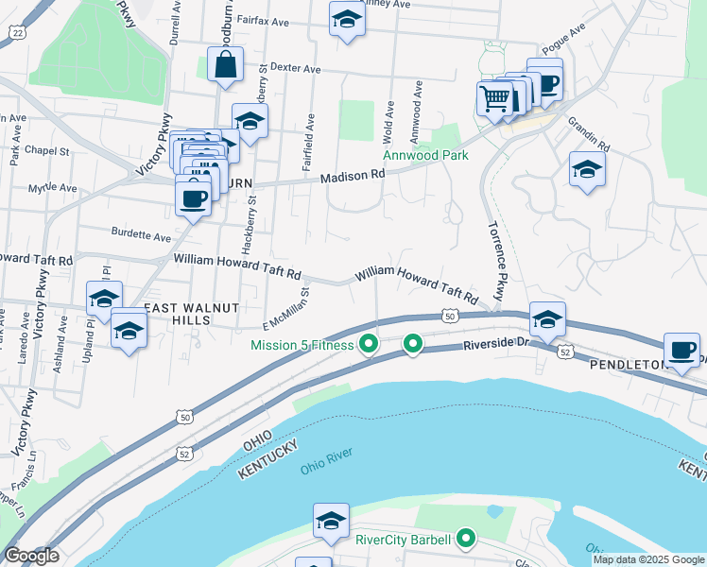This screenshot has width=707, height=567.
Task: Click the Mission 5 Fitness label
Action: pos(302,345)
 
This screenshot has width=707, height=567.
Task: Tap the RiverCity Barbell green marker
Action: pos(465,540)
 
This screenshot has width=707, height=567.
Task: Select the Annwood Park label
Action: pos(425,156)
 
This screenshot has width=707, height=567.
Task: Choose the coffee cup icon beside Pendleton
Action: pos(682,350)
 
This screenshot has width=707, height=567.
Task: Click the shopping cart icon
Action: pos(494,97)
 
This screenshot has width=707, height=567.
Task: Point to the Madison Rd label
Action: pos(353,176)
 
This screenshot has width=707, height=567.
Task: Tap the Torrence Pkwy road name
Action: pos(495,260)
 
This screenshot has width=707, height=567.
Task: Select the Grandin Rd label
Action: pos(589,134)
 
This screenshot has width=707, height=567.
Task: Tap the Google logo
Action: pos(31,556)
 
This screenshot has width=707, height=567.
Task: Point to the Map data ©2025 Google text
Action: pos(648,559)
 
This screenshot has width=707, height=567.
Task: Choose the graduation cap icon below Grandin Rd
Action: pos(587,169)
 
